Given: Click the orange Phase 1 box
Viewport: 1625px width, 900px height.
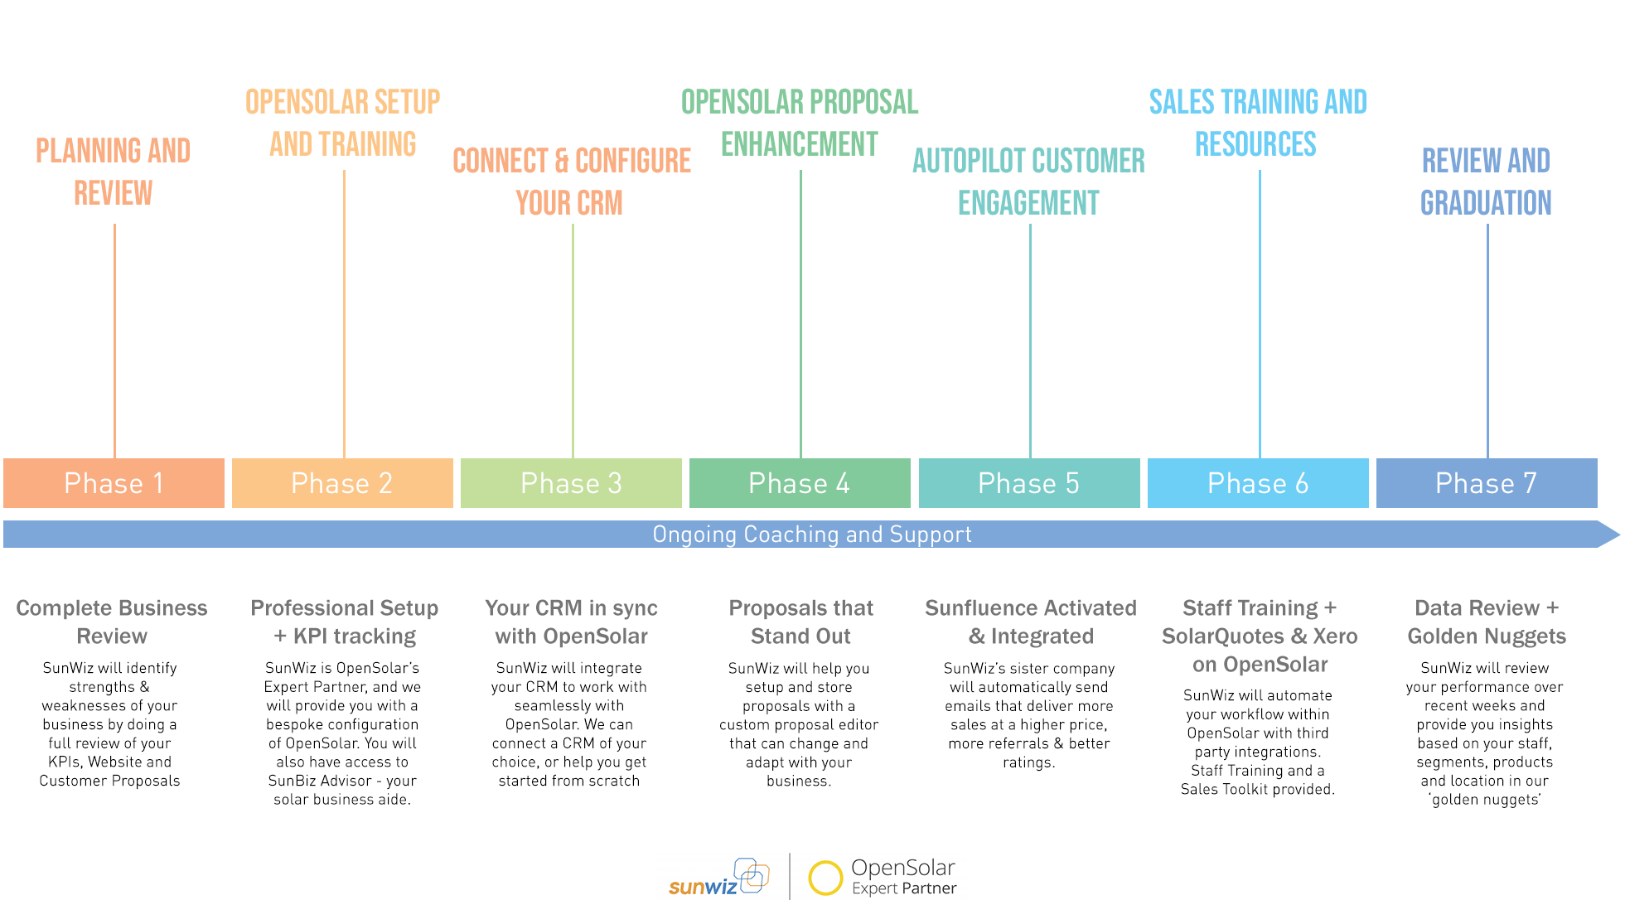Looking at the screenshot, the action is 114,483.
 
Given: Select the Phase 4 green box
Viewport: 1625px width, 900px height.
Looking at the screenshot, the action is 800,483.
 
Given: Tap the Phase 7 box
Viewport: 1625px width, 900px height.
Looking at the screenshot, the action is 1487,483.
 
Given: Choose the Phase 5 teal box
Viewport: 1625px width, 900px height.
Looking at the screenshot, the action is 1029,483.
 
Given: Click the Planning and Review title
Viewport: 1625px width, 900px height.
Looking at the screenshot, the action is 114,172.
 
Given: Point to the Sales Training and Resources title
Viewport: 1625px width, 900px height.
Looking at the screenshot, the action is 1258,123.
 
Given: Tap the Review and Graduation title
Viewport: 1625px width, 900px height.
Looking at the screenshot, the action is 1487,181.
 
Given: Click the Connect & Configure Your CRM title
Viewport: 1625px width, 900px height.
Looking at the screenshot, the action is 571,181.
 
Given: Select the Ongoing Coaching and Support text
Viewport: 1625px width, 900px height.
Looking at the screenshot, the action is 812,535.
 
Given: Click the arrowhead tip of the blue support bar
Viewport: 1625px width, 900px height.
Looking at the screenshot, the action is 1620,535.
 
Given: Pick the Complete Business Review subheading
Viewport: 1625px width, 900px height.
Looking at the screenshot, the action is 112,622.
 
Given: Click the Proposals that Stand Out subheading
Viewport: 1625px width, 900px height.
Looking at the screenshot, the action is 800,622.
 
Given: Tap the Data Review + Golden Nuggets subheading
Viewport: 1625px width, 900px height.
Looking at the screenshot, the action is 1487,622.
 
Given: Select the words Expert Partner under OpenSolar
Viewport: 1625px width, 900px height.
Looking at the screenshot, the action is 904,888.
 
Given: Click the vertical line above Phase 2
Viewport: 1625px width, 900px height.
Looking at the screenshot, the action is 344,314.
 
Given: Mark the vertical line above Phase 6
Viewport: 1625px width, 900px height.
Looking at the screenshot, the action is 1260,314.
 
